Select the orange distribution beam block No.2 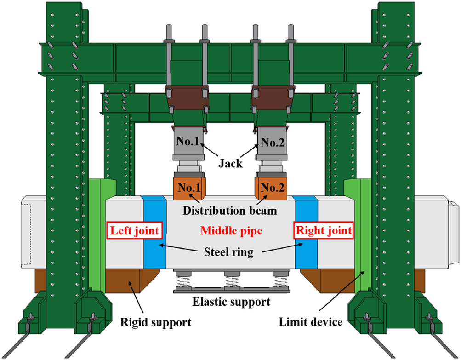pyautogui.click(x=271, y=188)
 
